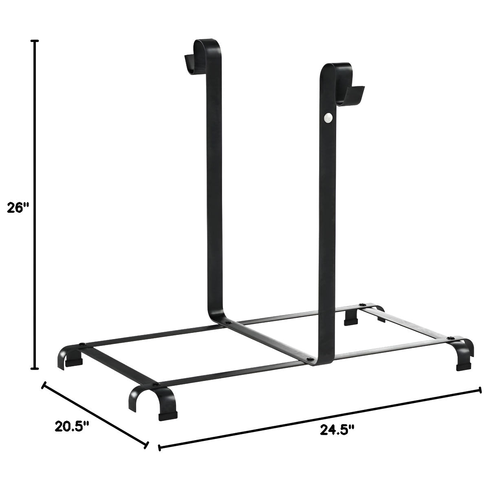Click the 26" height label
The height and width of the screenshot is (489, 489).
(x=18, y=207)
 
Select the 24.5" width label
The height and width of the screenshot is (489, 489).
(x=337, y=430)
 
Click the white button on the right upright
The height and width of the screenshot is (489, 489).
(x=328, y=118)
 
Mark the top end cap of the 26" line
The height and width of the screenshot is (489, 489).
(x=35, y=41)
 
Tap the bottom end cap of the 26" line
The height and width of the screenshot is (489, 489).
(x=35, y=369)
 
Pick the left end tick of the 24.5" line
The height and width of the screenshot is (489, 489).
(x=160, y=448)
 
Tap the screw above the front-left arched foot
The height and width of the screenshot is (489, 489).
(x=155, y=384)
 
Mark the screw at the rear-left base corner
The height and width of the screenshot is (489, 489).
(x=83, y=345)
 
